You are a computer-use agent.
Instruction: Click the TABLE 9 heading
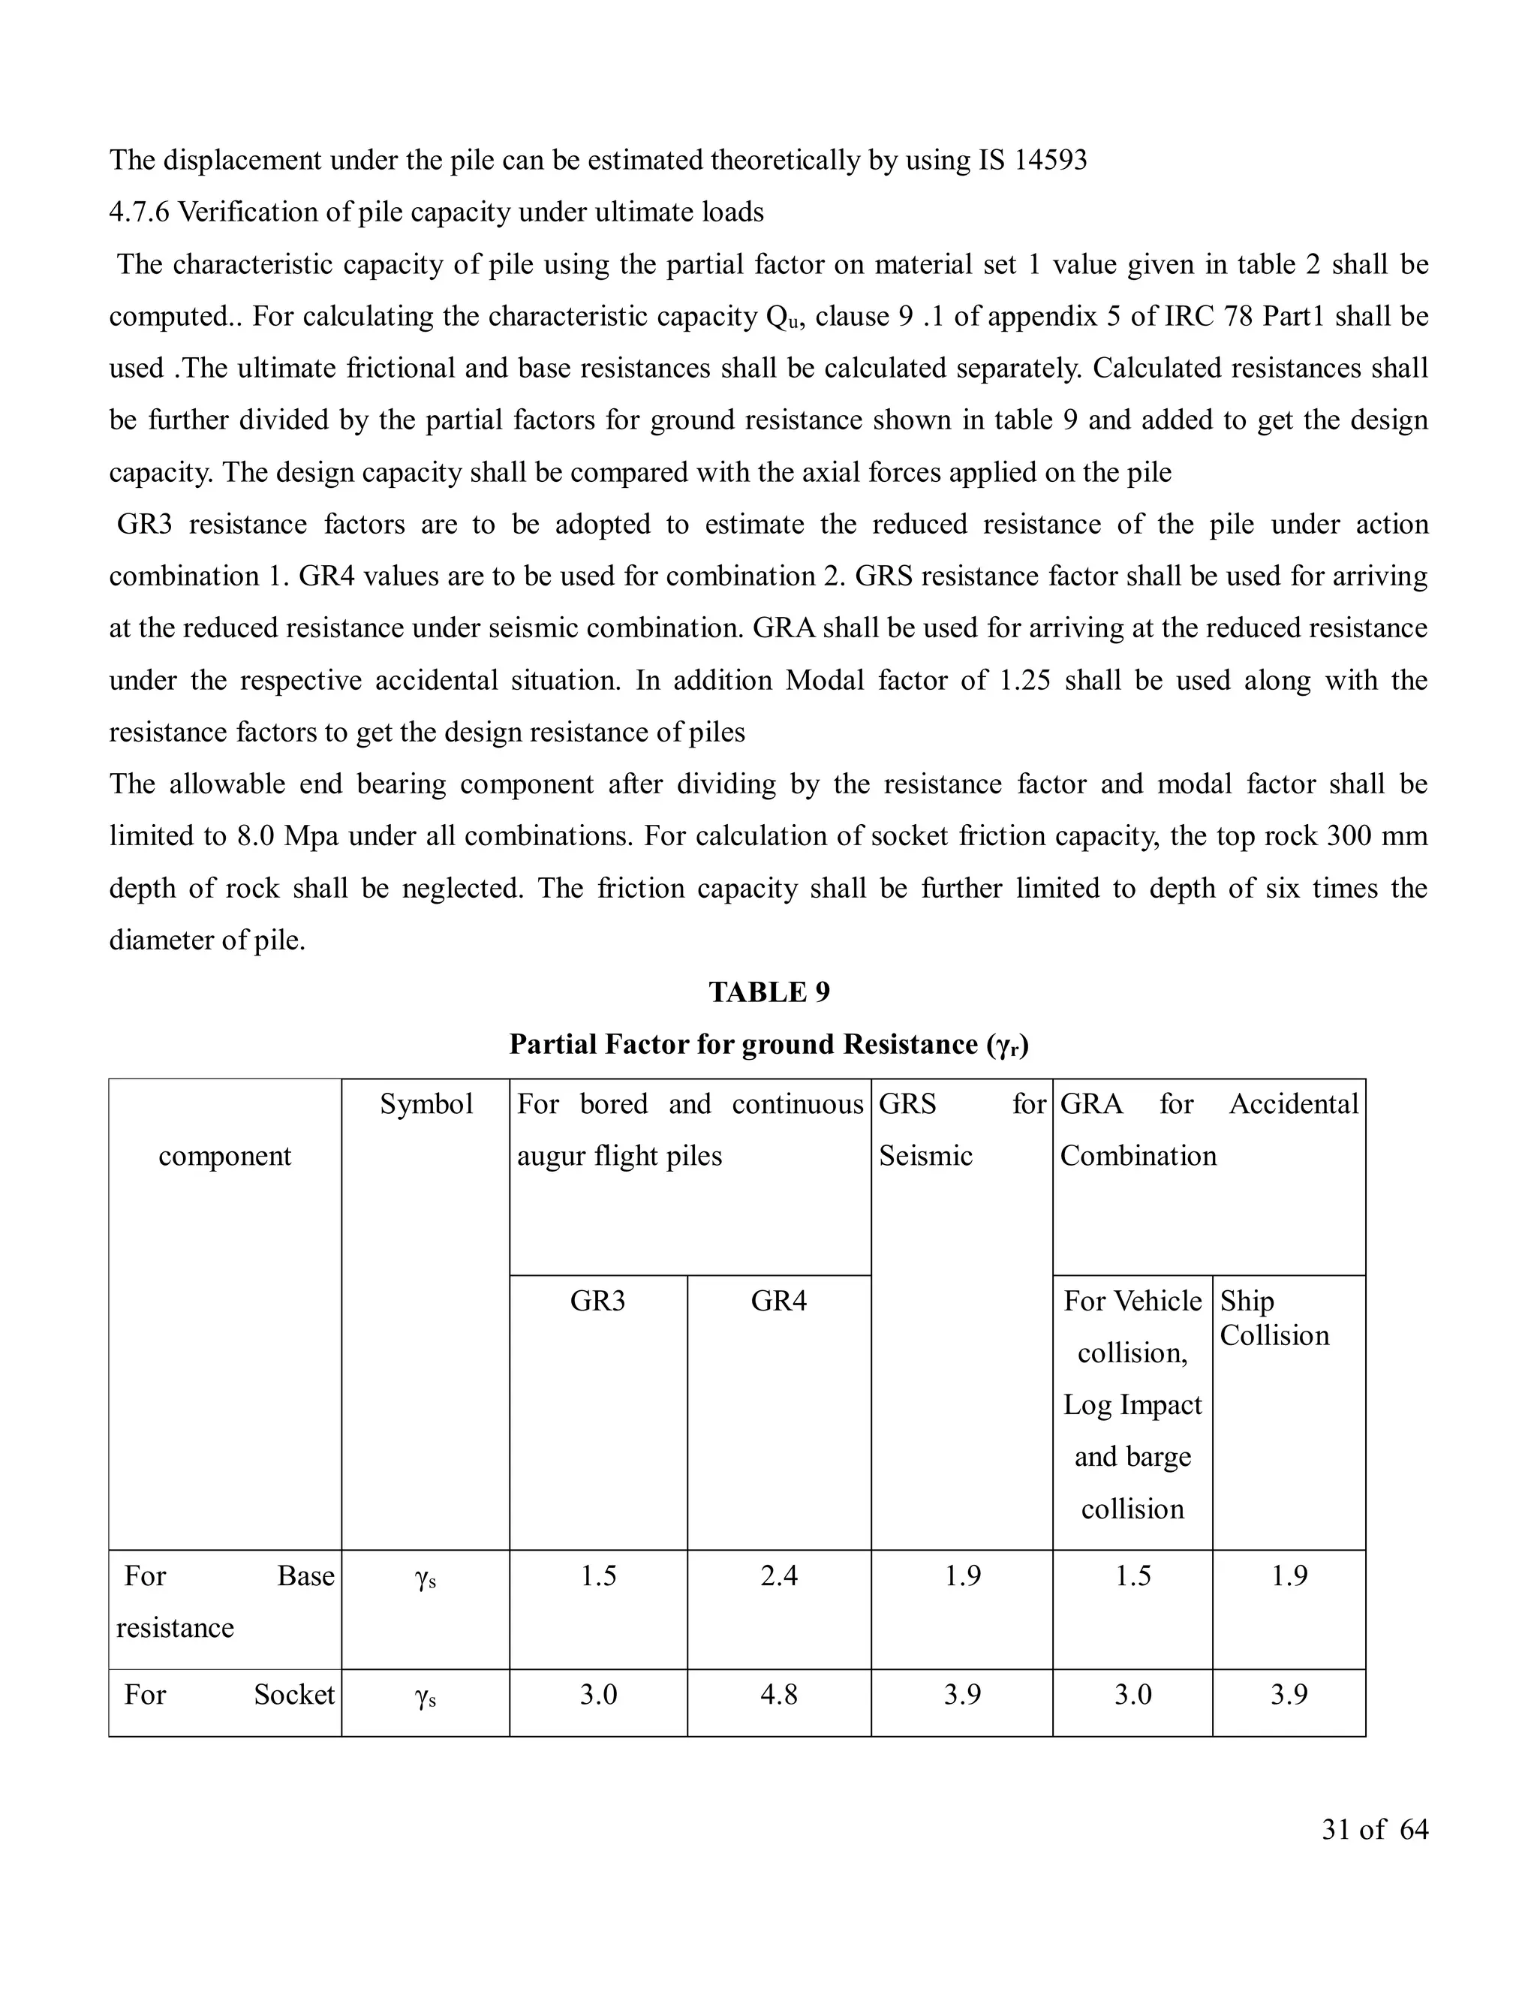[x=768, y=991]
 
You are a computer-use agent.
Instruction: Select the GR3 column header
[x=597, y=1301]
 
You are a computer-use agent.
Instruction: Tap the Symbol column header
[x=426, y=1104]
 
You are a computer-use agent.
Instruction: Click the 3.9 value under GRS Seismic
[x=961, y=1694]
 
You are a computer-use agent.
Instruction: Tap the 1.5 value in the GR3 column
[x=598, y=1575]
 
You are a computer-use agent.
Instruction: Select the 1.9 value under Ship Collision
[x=1289, y=1575]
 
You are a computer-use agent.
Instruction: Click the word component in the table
[x=225, y=1156]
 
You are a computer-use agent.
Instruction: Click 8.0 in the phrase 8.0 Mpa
[x=256, y=836]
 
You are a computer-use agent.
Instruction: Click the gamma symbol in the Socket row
[x=426, y=1697]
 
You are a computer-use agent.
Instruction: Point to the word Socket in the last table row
[x=294, y=1694]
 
